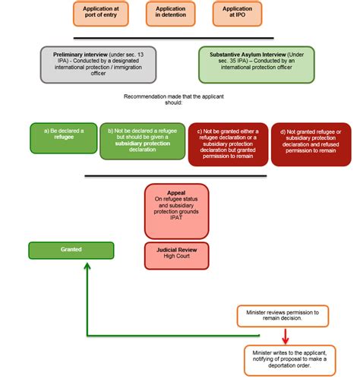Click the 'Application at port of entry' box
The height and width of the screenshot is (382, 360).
click(x=96, y=12)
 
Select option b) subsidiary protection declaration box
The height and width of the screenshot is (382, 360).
click(x=142, y=141)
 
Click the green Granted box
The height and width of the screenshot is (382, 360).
click(x=71, y=250)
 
